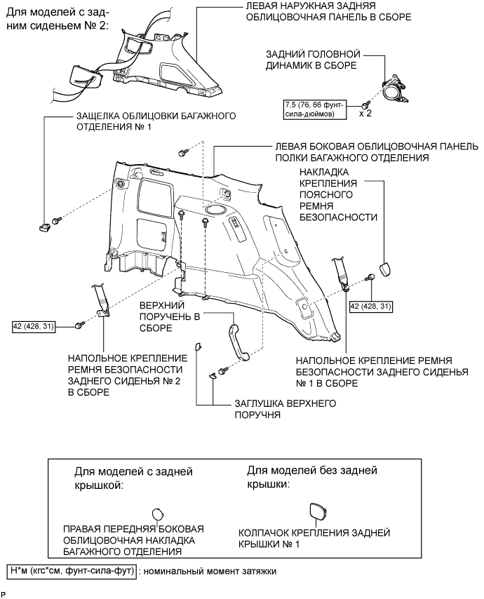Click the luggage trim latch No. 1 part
[x=46, y=225]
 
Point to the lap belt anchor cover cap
[x=386, y=269]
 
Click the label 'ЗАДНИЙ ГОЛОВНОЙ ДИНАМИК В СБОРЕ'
[x=312, y=59]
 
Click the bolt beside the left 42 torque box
[x=79, y=325]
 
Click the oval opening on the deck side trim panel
[x=215, y=209]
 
